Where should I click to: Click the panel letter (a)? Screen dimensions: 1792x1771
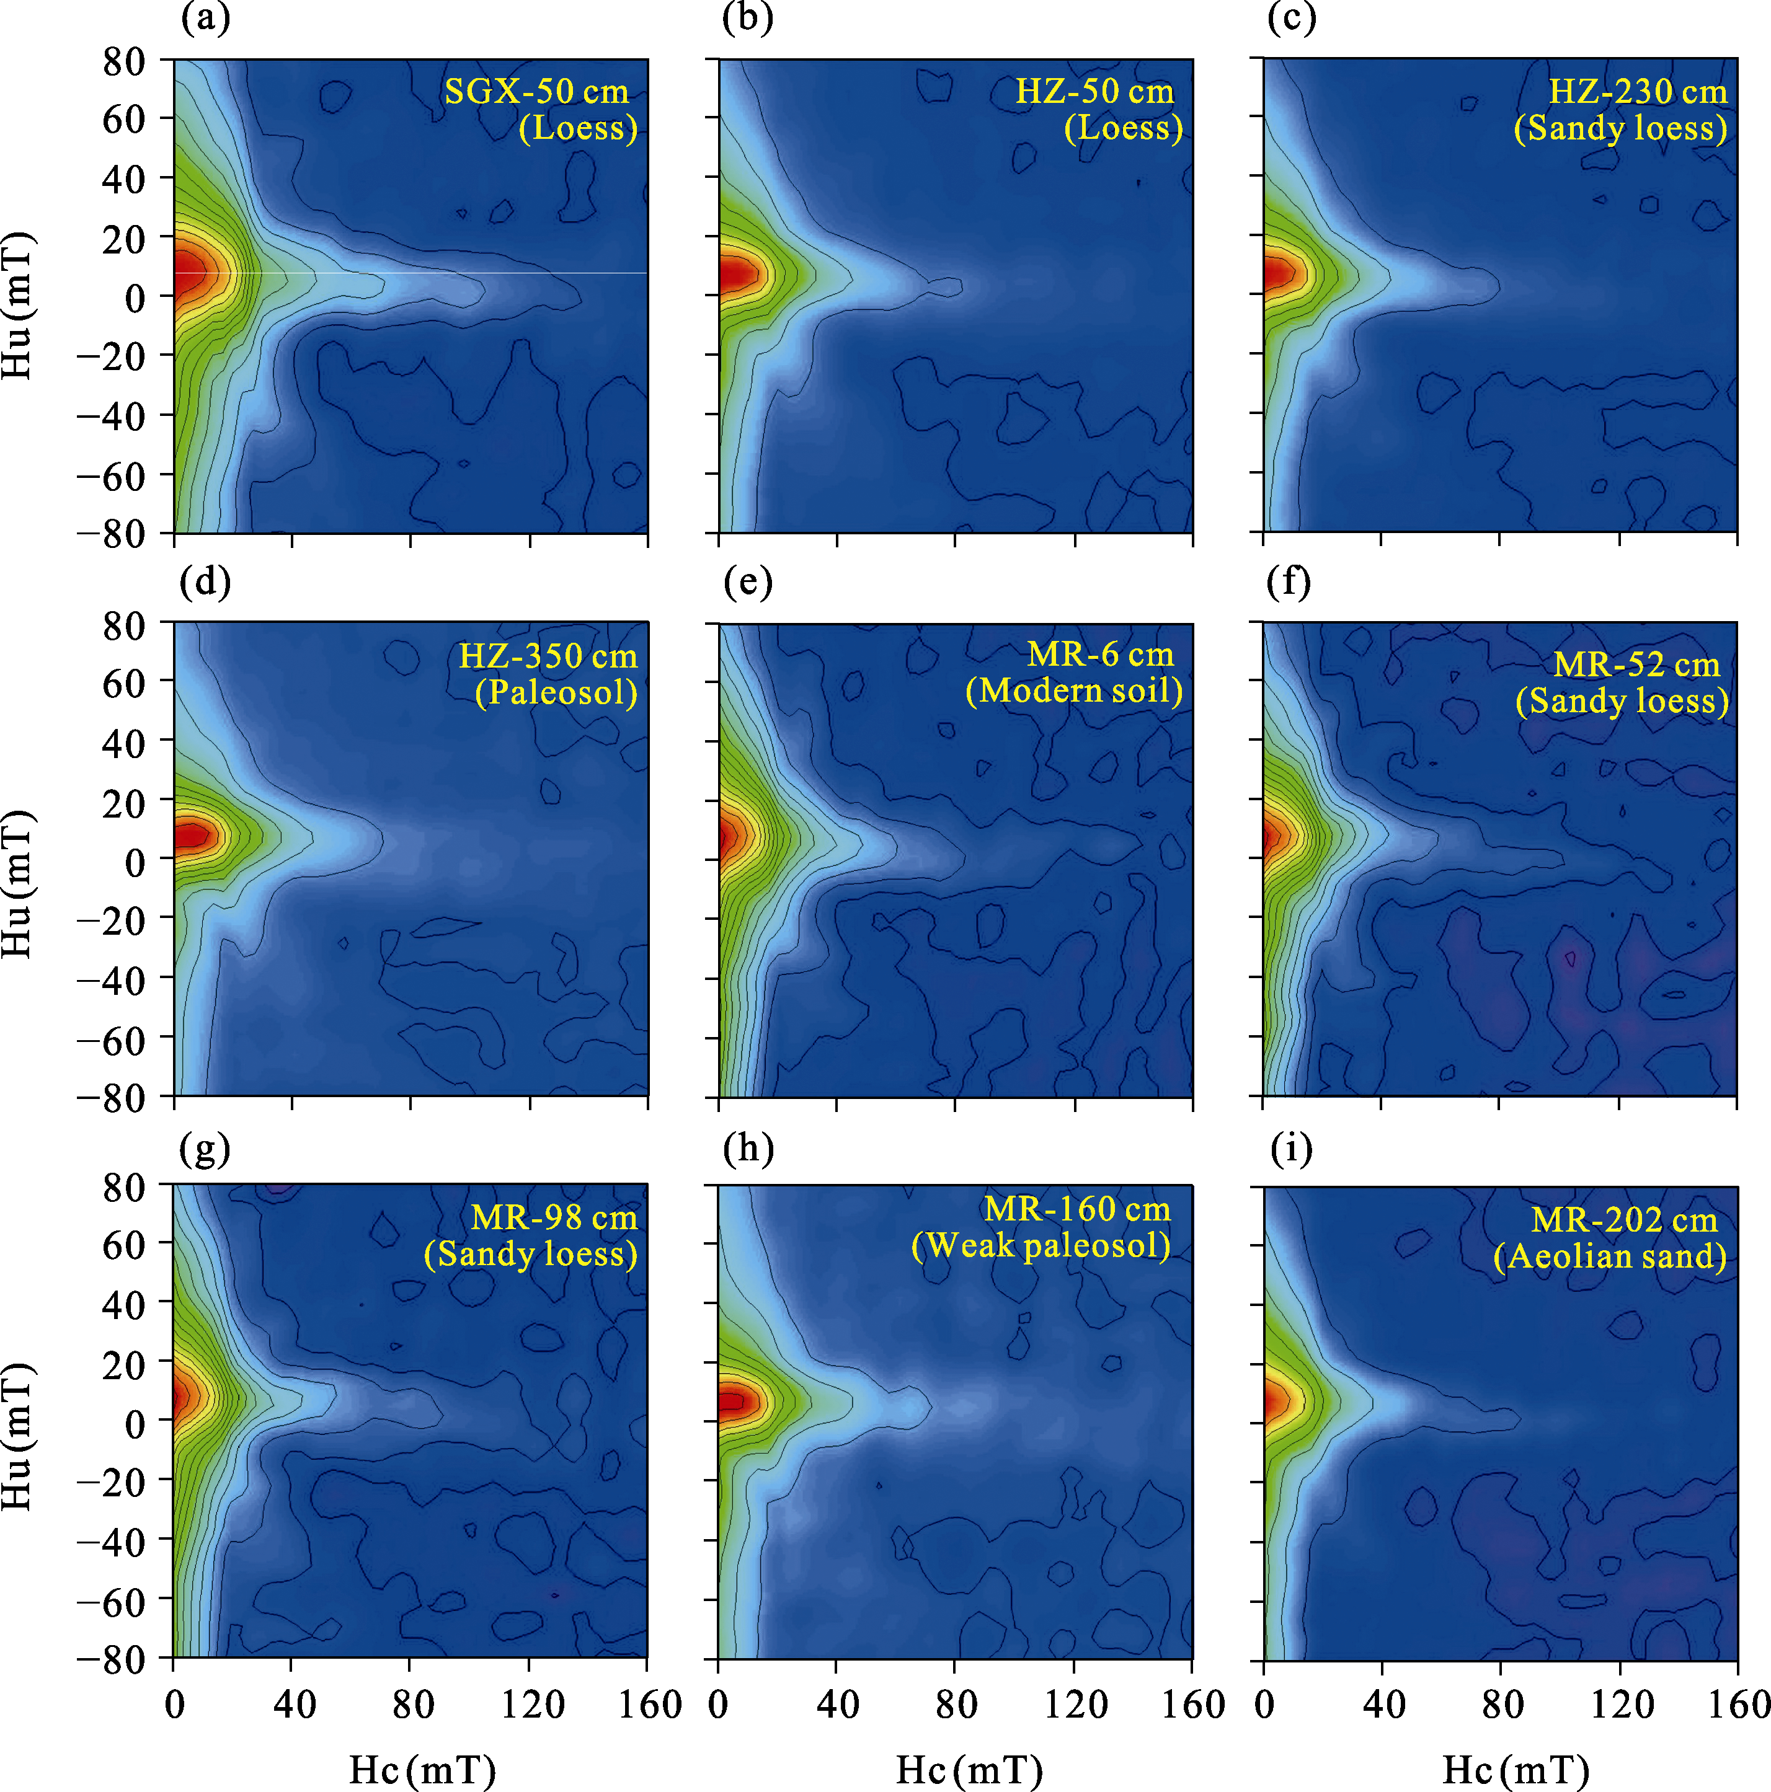[206, 19]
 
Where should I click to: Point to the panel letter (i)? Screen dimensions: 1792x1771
[1292, 1149]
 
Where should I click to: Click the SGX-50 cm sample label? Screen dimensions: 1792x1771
[536, 92]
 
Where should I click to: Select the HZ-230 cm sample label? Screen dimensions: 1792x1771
[1638, 92]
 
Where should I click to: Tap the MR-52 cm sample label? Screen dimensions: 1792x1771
[1636, 665]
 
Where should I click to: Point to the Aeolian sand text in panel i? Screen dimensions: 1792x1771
[1610, 1257]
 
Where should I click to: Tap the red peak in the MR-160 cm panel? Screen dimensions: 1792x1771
[733, 1401]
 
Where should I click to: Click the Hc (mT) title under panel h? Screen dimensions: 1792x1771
[969, 1770]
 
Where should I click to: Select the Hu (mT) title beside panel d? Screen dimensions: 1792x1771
[17, 884]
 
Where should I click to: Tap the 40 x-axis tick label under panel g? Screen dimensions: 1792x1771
[293, 1705]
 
